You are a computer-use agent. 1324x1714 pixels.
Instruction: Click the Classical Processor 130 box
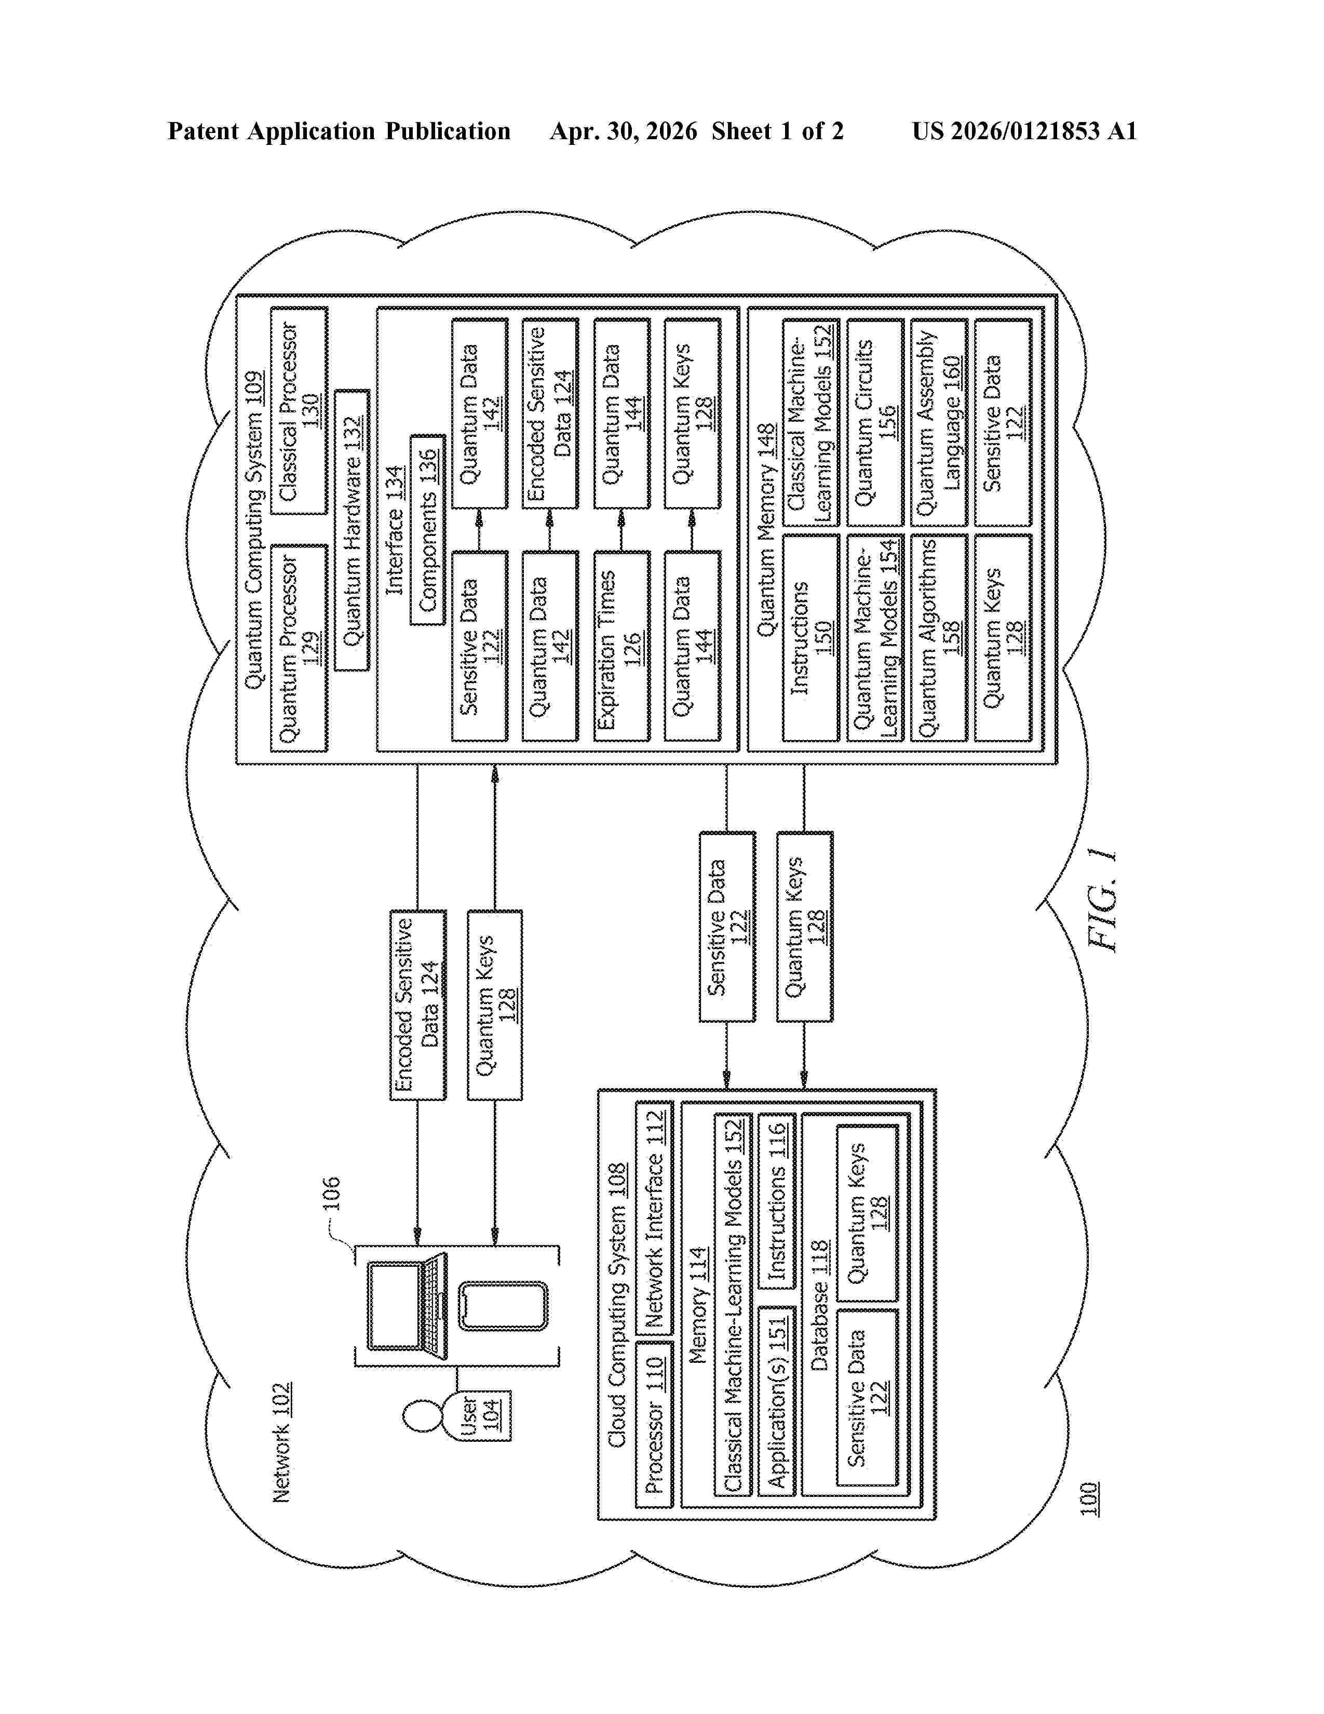pyautogui.click(x=299, y=410)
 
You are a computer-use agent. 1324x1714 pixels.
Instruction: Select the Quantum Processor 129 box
pyautogui.click(x=299, y=648)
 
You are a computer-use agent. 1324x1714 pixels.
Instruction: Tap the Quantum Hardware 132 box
pyautogui.click(x=352, y=530)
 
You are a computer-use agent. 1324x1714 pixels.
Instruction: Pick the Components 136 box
pyautogui.click(x=427, y=530)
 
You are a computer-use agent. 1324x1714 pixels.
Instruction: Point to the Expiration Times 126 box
pyautogui.click(x=621, y=646)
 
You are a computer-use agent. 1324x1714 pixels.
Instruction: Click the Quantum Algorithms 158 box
pyautogui.click(x=938, y=637)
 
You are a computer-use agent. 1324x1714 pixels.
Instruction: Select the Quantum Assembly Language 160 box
pyautogui.click(x=938, y=422)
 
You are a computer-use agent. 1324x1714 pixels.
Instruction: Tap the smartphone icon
pyautogui.click(x=503, y=1307)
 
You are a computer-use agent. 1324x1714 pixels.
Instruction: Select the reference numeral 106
pyautogui.click(x=331, y=1193)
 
